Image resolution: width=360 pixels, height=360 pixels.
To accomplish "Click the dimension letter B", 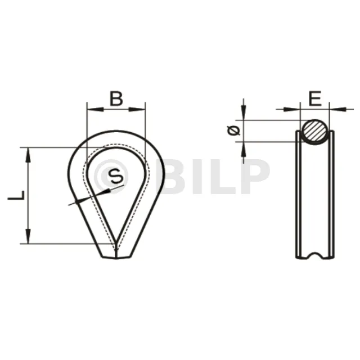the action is coord(116,98).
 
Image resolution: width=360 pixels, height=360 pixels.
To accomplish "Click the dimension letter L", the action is coord(16,195).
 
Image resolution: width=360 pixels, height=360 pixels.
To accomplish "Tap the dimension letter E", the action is coord(315,98).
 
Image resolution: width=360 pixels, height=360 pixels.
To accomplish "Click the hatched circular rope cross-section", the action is coord(314,132).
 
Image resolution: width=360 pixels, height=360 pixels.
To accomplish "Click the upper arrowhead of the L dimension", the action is coord(28,155).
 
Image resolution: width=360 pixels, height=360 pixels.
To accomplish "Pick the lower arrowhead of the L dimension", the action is coord(28,236).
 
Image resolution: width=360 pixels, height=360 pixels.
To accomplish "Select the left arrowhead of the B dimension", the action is coord(95,109).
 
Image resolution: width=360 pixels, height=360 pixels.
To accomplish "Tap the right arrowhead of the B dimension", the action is coord(137,109).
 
